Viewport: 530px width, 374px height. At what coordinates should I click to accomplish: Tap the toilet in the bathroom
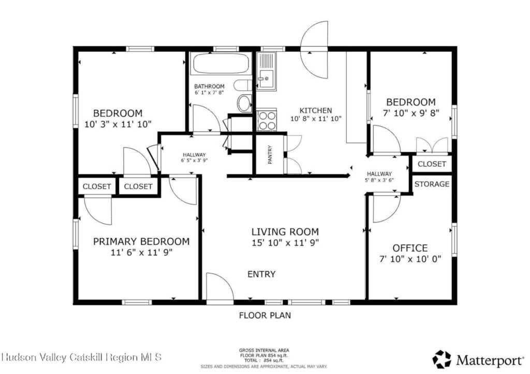tap(244, 102)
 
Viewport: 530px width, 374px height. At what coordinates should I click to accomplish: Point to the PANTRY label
tap(270, 154)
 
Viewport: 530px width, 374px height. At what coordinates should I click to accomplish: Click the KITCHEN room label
tap(316, 111)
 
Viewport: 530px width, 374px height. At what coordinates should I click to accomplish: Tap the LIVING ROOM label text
tap(285, 232)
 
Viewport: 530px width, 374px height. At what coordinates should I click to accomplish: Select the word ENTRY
tap(261, 274)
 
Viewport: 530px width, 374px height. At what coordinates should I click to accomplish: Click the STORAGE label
tap(432, 184)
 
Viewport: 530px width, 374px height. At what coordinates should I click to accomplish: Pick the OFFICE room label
tap(410, 248)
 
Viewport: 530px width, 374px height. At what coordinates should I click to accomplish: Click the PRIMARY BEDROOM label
tap(141, 241)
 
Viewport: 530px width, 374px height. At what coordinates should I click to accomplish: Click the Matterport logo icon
tap(441, 359)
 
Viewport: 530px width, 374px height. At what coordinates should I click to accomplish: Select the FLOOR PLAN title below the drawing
tap(264, 315)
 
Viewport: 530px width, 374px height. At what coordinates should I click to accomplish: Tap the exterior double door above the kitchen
tap(315, 49)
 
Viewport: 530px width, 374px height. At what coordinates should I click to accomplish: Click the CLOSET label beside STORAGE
tap(432, 164)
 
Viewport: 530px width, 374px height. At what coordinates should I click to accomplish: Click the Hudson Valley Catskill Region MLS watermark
tap(82, 357)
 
